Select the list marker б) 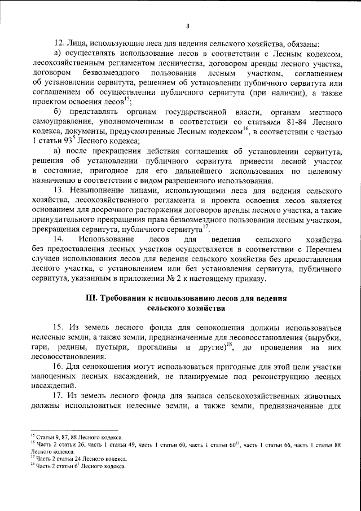[58, 112]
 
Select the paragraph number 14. [59, 239]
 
